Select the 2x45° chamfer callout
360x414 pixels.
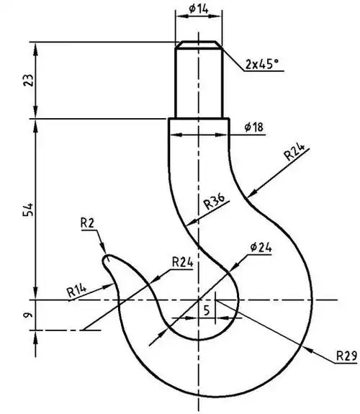click(x=260, y=64)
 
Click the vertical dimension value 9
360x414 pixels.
click(x=28, y=315)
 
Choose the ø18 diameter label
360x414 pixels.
click(x=253, y=127)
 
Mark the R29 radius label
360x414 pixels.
click(x=346, y=356)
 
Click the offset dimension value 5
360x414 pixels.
click(x=207, y=311)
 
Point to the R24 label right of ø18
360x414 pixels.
click(x=294, y=152)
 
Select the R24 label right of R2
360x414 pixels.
click(x=181, y=262)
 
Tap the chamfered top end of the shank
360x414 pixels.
click(x=198, y=45)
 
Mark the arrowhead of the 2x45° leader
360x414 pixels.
click(x=221, y=48)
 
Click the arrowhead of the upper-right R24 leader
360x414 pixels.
click(x=248, y=195)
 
